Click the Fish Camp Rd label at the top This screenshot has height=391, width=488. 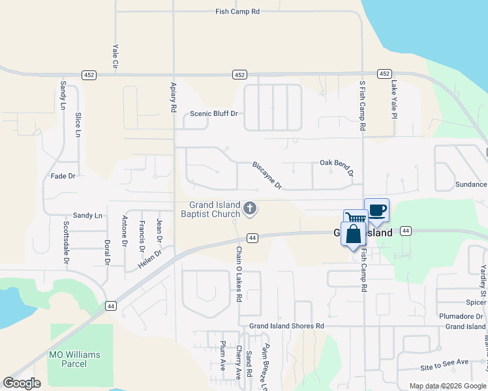point(237,12)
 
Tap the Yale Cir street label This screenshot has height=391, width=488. point(115,57)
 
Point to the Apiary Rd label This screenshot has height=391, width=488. point(174,95)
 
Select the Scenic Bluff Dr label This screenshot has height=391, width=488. point(213,113)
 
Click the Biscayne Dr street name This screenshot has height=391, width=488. point(267,175)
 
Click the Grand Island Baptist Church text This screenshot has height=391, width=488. point(215,209)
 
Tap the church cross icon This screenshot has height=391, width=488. point(249,209)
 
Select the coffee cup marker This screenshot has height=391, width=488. point(376,210)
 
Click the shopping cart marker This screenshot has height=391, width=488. point(355,219)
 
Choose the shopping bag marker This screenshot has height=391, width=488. point(353,234)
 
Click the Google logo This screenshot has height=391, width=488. point(22,383)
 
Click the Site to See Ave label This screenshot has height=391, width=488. point(444,362)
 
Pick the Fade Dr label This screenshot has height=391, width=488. point(63,176)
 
